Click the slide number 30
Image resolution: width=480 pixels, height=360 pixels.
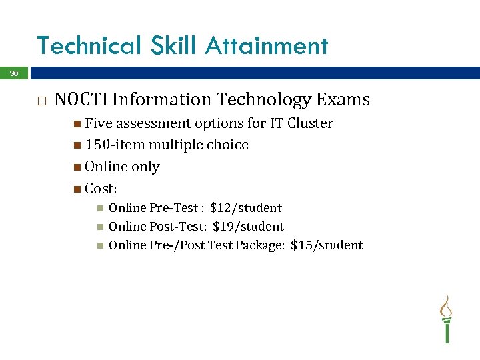[x=13, y=73]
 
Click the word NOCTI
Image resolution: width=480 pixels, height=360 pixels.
[x=81, y=100]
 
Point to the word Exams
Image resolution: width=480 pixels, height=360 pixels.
[x=343, y=100]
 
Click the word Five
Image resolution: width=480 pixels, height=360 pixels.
[x=99, y=123]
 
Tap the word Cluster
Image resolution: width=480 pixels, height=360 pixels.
[x=310, y=123]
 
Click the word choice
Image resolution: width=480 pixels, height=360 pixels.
[x=227, y=145]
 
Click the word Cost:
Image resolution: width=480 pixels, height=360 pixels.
[x=101, y=188]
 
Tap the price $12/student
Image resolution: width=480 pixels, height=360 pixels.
[x=246, y=208]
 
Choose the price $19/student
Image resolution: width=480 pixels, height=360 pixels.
[x=248, y=227]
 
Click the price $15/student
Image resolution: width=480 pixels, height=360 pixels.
[x=327, y=245]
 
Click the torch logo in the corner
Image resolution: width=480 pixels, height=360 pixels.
[x=446, y=319]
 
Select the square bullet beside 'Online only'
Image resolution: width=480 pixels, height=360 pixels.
[x=78, y=167]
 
